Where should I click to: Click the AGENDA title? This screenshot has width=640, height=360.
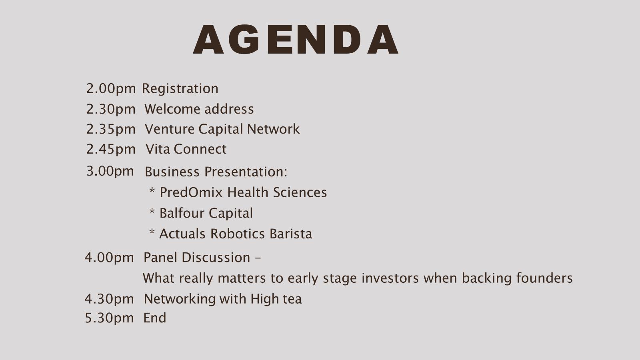tap(296, 40)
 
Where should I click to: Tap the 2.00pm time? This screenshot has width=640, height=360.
tap(111, 88)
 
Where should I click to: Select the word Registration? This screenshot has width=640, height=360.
tap(180, 88)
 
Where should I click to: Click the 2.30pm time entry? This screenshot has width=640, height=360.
tap(111, 109)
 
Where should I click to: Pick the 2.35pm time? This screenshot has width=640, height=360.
tap(111, 129)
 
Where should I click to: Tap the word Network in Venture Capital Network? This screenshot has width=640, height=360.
tap(274, 129)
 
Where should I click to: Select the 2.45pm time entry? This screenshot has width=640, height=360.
tap(111, 149)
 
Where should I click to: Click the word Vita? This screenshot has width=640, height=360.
tap(158, 149)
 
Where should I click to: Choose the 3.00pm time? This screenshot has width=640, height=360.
tap(110, 171)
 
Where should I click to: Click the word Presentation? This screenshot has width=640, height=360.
tap(246, 172)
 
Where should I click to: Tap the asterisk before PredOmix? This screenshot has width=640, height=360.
tap(152, 191)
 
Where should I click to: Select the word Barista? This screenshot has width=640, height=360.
tap(291, 234)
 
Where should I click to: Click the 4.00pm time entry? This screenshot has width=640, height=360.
tap(109, 258)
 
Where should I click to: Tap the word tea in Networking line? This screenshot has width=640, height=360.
tap(292, 299)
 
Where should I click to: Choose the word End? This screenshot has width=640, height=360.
tap(154, 318)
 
